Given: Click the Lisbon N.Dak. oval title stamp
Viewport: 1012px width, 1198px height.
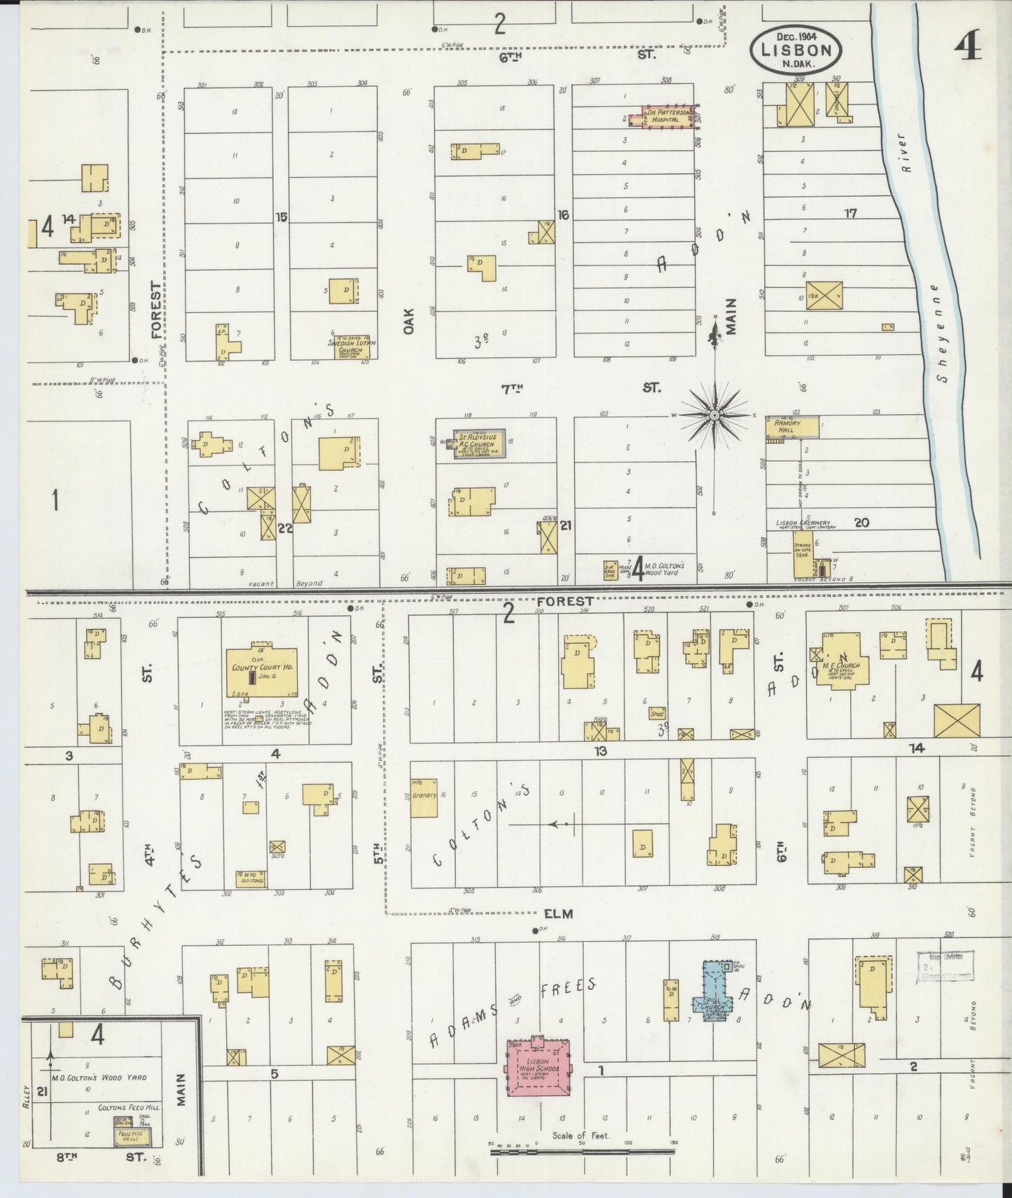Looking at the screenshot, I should [796, 49].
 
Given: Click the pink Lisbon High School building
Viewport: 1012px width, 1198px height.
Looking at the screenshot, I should [539, 1068].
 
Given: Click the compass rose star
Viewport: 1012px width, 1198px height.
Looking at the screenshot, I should [714, 415].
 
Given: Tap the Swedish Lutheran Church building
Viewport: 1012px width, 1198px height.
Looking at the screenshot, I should [352, 346].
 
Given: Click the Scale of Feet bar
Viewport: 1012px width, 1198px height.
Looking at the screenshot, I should [583, 1149].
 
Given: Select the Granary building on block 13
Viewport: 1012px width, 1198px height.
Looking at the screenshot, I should [424, 797].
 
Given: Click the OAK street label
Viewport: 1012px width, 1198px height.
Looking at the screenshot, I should [409, 321].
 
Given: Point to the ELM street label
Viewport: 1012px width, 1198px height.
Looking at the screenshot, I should [558, 914].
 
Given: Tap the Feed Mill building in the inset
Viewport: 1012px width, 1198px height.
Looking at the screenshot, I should [130, 1134].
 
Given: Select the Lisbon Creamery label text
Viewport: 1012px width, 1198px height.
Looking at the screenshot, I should [803, 523].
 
